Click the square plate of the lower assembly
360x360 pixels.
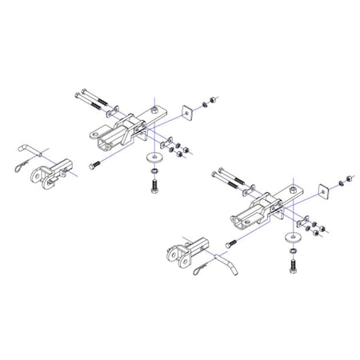[323, 190]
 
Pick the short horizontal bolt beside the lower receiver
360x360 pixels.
[230, 242]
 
